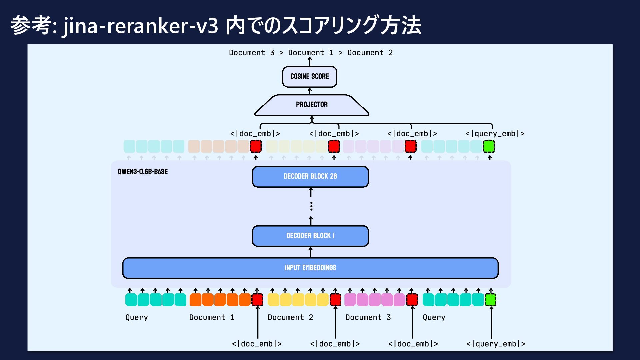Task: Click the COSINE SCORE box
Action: tap(310, 77)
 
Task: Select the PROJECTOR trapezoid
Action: tap(312, 105)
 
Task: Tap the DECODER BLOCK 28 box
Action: tap(310, 177)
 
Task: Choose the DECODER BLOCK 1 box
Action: tap(310, 236)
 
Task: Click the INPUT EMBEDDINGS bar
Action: tap(310, 268)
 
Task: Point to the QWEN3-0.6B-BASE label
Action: tap(143, 172)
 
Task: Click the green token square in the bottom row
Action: tap(490, 300)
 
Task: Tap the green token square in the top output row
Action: tap(489, 146)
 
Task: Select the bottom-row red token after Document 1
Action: tap(257, 300)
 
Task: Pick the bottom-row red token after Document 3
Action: tap(412, 300)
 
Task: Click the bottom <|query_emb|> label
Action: tap(496, 344)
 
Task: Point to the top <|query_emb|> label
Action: tap(495, 134)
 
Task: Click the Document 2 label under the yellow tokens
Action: tap(290, 317)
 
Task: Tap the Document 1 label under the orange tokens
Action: tap(212, 317)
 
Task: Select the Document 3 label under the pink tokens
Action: tap(368, 317)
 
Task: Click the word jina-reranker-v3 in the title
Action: tap(140, 26)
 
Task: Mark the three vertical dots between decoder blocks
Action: tap(311, 206)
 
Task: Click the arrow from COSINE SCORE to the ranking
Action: tap(310, 61)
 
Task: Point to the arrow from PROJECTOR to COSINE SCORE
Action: tap(310, 91)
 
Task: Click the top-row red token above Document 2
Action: tap(334, 146)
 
